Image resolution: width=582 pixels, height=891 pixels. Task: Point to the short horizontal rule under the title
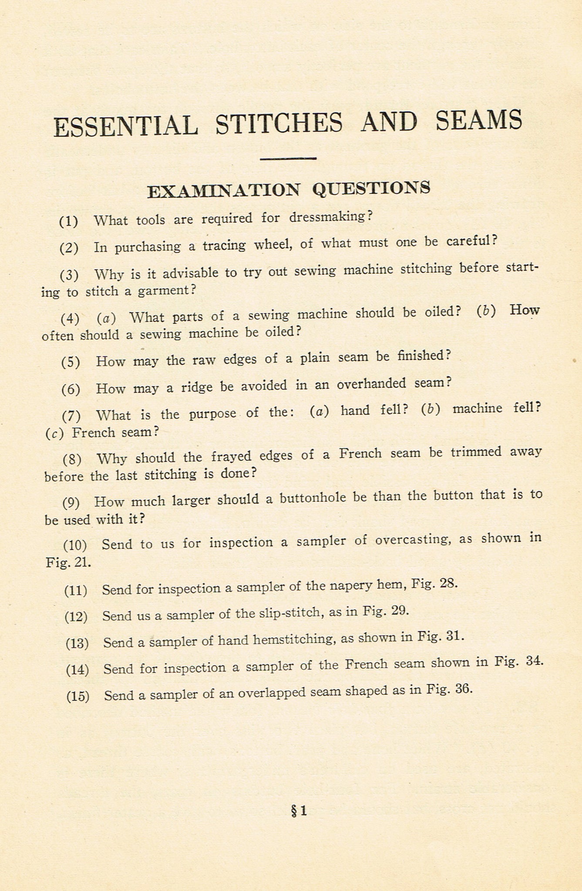288,158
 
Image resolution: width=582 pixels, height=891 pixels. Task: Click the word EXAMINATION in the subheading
223,191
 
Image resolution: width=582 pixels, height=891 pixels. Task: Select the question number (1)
69,221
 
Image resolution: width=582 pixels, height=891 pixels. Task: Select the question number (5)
71,362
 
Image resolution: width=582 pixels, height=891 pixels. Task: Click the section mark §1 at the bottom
299,811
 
